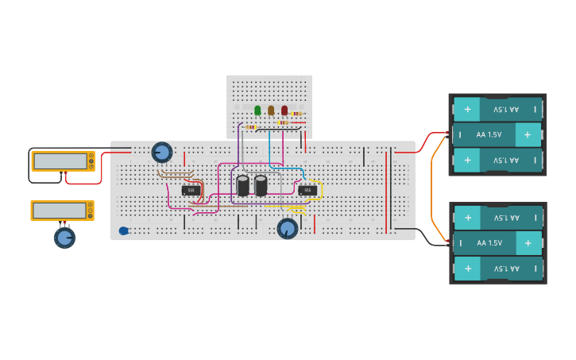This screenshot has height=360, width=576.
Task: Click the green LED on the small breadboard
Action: (257, 110)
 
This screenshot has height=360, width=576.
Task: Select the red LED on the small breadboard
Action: (284, 110)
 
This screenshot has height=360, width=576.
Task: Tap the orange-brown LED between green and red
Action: (271, 110)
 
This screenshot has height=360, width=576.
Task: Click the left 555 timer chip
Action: (191, 190)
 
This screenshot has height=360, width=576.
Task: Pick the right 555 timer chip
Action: (307, 190)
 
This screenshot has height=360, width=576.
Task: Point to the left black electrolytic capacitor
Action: (243, 186)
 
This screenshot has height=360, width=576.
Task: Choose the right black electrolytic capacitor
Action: (261, 186)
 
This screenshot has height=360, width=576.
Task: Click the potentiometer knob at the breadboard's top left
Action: (162, 152)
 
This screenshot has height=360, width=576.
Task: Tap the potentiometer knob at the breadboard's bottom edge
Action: (288, 228)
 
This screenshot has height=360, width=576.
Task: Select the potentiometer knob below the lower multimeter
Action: (64, 237)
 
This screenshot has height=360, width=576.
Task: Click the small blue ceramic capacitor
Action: (124, 230)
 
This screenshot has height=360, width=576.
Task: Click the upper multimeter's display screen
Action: (60, 161)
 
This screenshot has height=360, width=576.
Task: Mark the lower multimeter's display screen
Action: (60, 211)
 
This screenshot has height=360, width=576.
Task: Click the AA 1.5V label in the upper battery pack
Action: (489, 135)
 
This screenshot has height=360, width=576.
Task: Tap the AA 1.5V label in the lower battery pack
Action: (489, 243)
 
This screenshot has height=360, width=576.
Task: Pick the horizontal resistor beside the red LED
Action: (296, 114)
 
